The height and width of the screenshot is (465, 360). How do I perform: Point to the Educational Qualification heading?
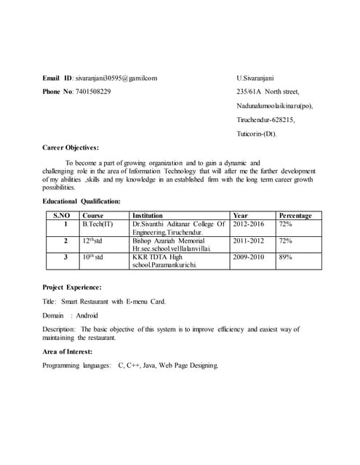click(x=81, y=201)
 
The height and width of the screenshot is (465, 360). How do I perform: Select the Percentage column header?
click(x=295, y=216)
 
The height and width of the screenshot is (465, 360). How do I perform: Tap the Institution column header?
click(x=148, y=216)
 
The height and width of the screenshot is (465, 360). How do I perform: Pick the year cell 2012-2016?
click(x=248, y=225)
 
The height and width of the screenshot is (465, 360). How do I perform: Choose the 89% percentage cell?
click(x=285, y=257)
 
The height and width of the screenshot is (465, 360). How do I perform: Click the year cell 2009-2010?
click(x=248, y=257)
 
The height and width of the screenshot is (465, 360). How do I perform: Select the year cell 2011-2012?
click(x=248, y=240)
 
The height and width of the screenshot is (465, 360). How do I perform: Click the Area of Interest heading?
click(x=71, y=351)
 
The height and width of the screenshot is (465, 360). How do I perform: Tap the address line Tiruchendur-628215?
click(x=265, y=120)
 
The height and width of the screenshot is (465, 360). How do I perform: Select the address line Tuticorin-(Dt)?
click(x=257, y=134)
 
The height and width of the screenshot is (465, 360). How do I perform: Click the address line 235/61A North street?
click(x=268, y=92)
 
